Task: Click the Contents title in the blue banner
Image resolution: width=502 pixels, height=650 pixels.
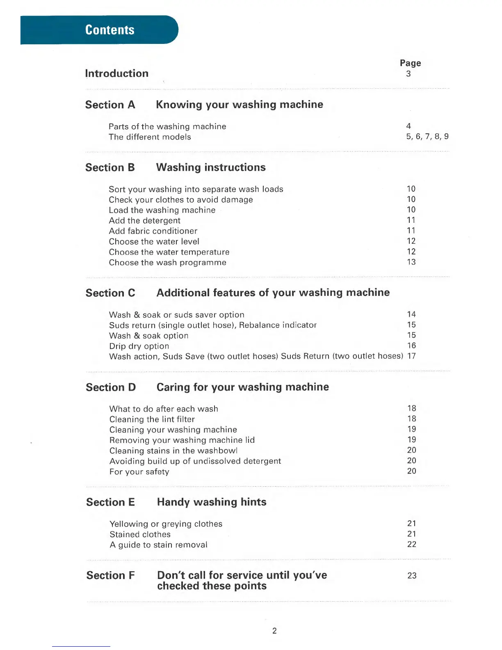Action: pos(110,30)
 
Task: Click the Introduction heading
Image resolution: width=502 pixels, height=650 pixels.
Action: pos(117,73)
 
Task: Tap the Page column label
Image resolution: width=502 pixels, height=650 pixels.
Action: pos(410,63)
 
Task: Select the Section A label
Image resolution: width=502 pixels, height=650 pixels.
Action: pos(110,105)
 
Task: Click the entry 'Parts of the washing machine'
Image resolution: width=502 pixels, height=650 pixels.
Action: pos(167,126)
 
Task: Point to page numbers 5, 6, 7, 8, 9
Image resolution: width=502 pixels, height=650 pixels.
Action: pos(427,137)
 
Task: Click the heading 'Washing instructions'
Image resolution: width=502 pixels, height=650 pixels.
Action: pos(211,167)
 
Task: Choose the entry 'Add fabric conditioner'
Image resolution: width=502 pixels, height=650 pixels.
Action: pos(153,231)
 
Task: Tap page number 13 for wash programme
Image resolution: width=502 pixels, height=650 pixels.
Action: pos(411,262)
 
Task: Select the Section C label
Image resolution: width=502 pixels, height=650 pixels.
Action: pos(110,293)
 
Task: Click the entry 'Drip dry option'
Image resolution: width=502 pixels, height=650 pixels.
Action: pos(139,346)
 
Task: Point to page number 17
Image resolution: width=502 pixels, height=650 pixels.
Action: pos(411,356)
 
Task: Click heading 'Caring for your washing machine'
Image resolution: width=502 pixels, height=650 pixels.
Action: pos(243,387)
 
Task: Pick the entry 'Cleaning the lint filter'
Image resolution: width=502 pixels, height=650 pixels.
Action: pos(152,419)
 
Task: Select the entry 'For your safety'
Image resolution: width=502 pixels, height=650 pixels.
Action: pos(139,472)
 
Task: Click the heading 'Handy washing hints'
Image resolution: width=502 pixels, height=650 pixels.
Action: pos(212,502)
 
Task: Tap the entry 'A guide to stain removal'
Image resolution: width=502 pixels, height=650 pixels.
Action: pos(158,545)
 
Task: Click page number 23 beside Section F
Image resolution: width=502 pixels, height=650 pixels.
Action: pos(412,576)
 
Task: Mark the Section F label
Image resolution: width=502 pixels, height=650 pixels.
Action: pos(110,575)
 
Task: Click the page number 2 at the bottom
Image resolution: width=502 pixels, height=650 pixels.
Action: pos(274,631)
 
